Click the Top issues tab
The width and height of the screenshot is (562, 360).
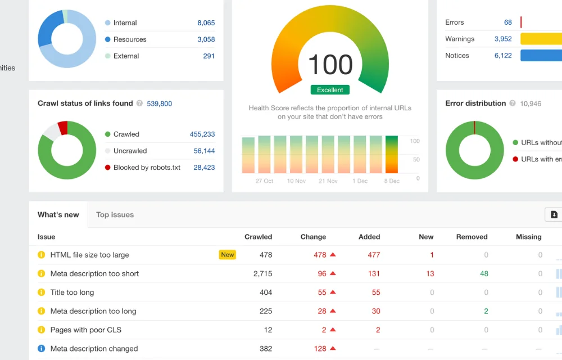[x=115, y=214]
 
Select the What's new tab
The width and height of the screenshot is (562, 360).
[x=58, y=214]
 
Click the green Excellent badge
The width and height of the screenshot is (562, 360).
[x=330, y=90]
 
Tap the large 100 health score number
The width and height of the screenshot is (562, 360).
[x=330, y=65]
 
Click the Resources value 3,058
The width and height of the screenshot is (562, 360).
[x=206, y=39]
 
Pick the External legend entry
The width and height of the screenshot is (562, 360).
[x=126, y=56]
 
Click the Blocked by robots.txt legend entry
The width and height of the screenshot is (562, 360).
[x=146, y=167]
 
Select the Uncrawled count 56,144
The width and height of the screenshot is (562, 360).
[x=204, y=151]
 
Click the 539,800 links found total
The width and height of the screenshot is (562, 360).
[x=159, y=103]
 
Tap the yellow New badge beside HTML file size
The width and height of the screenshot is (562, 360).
[x=228, y=255]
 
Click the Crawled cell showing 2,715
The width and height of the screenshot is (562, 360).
[x=262, y=273]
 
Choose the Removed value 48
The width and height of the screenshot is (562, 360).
[x=484, y=273]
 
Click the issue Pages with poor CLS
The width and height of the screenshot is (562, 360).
[x=85, y=330]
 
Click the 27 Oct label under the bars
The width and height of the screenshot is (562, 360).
[x=264, y=181]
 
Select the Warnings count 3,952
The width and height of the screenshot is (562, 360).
[x=503, y=39]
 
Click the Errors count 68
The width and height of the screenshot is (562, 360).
[x=507, y=22]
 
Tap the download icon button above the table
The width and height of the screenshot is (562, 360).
[x=554, y=214]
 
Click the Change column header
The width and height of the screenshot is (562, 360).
[x=313, y=237]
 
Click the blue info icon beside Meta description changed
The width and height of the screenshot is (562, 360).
[x=41, y=348]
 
